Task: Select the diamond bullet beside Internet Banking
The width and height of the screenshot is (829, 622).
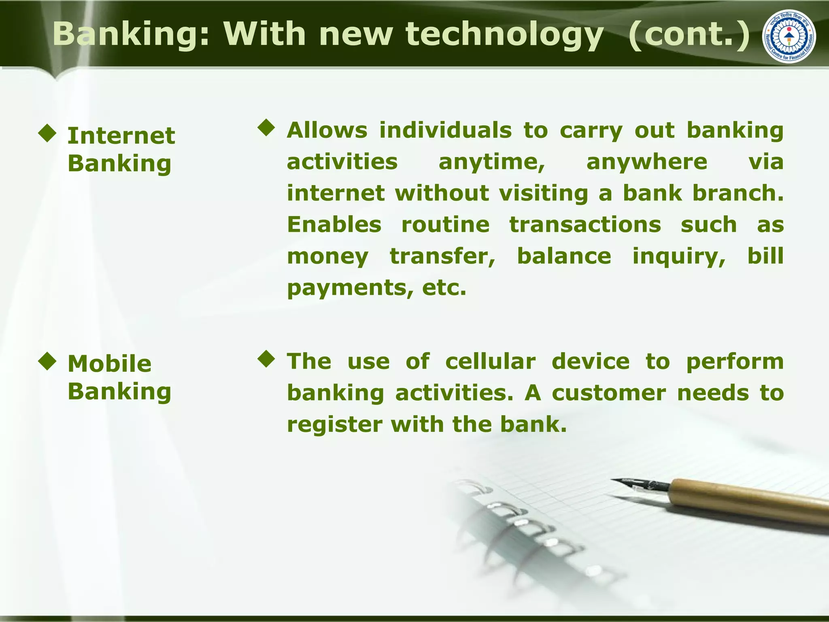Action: click(x=47, y=133)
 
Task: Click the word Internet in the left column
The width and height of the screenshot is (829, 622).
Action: click(x=121, y=136)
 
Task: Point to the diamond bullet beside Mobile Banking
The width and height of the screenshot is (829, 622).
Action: click(x=47, y=361)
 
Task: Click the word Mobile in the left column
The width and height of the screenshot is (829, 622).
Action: click(x=109, y=364)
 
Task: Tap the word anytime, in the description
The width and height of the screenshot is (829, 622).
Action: click(x=492, y=162)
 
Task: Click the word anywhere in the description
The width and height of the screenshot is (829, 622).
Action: click(x=646, y=162)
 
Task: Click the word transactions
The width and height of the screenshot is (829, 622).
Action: click(x=585, y=225)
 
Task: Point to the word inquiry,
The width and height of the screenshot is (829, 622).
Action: click(x=679, y=257)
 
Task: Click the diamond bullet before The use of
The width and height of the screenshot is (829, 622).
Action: click(x=266, y=359)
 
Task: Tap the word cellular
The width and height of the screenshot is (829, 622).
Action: click(x=490, y=361)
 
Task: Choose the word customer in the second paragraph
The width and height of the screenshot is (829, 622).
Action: click(x=609, y=393)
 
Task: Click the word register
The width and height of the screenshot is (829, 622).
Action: click(x=334, y=424)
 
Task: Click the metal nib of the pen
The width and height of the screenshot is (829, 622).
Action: click(x=640, y=484)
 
